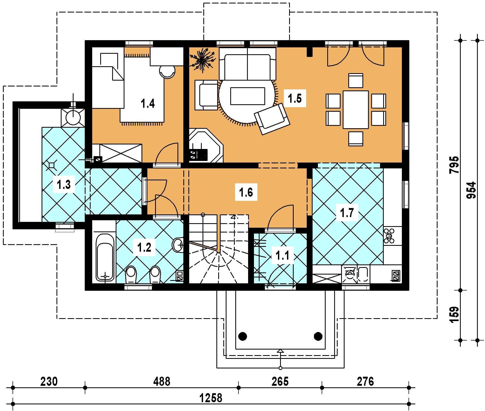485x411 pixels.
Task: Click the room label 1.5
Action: [295, 98]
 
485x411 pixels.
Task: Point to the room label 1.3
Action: [64, 184]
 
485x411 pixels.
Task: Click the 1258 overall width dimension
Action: [211, 398]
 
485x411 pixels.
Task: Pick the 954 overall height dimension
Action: [471, 190]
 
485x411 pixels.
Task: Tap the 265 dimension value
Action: [280, 381]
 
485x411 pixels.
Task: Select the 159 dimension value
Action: [455, 315]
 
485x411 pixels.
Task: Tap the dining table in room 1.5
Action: [356, 110]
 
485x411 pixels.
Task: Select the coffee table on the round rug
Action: [248, 96]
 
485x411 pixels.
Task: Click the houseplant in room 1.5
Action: [202, 60]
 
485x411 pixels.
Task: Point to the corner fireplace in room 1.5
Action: [206, 146]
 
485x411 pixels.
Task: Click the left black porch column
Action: [242, 336]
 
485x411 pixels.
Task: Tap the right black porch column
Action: [318, 336]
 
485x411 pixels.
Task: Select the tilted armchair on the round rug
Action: [272, 119]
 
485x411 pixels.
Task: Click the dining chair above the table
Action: [356, 81]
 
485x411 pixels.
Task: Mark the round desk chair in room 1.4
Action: [167, 71]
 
